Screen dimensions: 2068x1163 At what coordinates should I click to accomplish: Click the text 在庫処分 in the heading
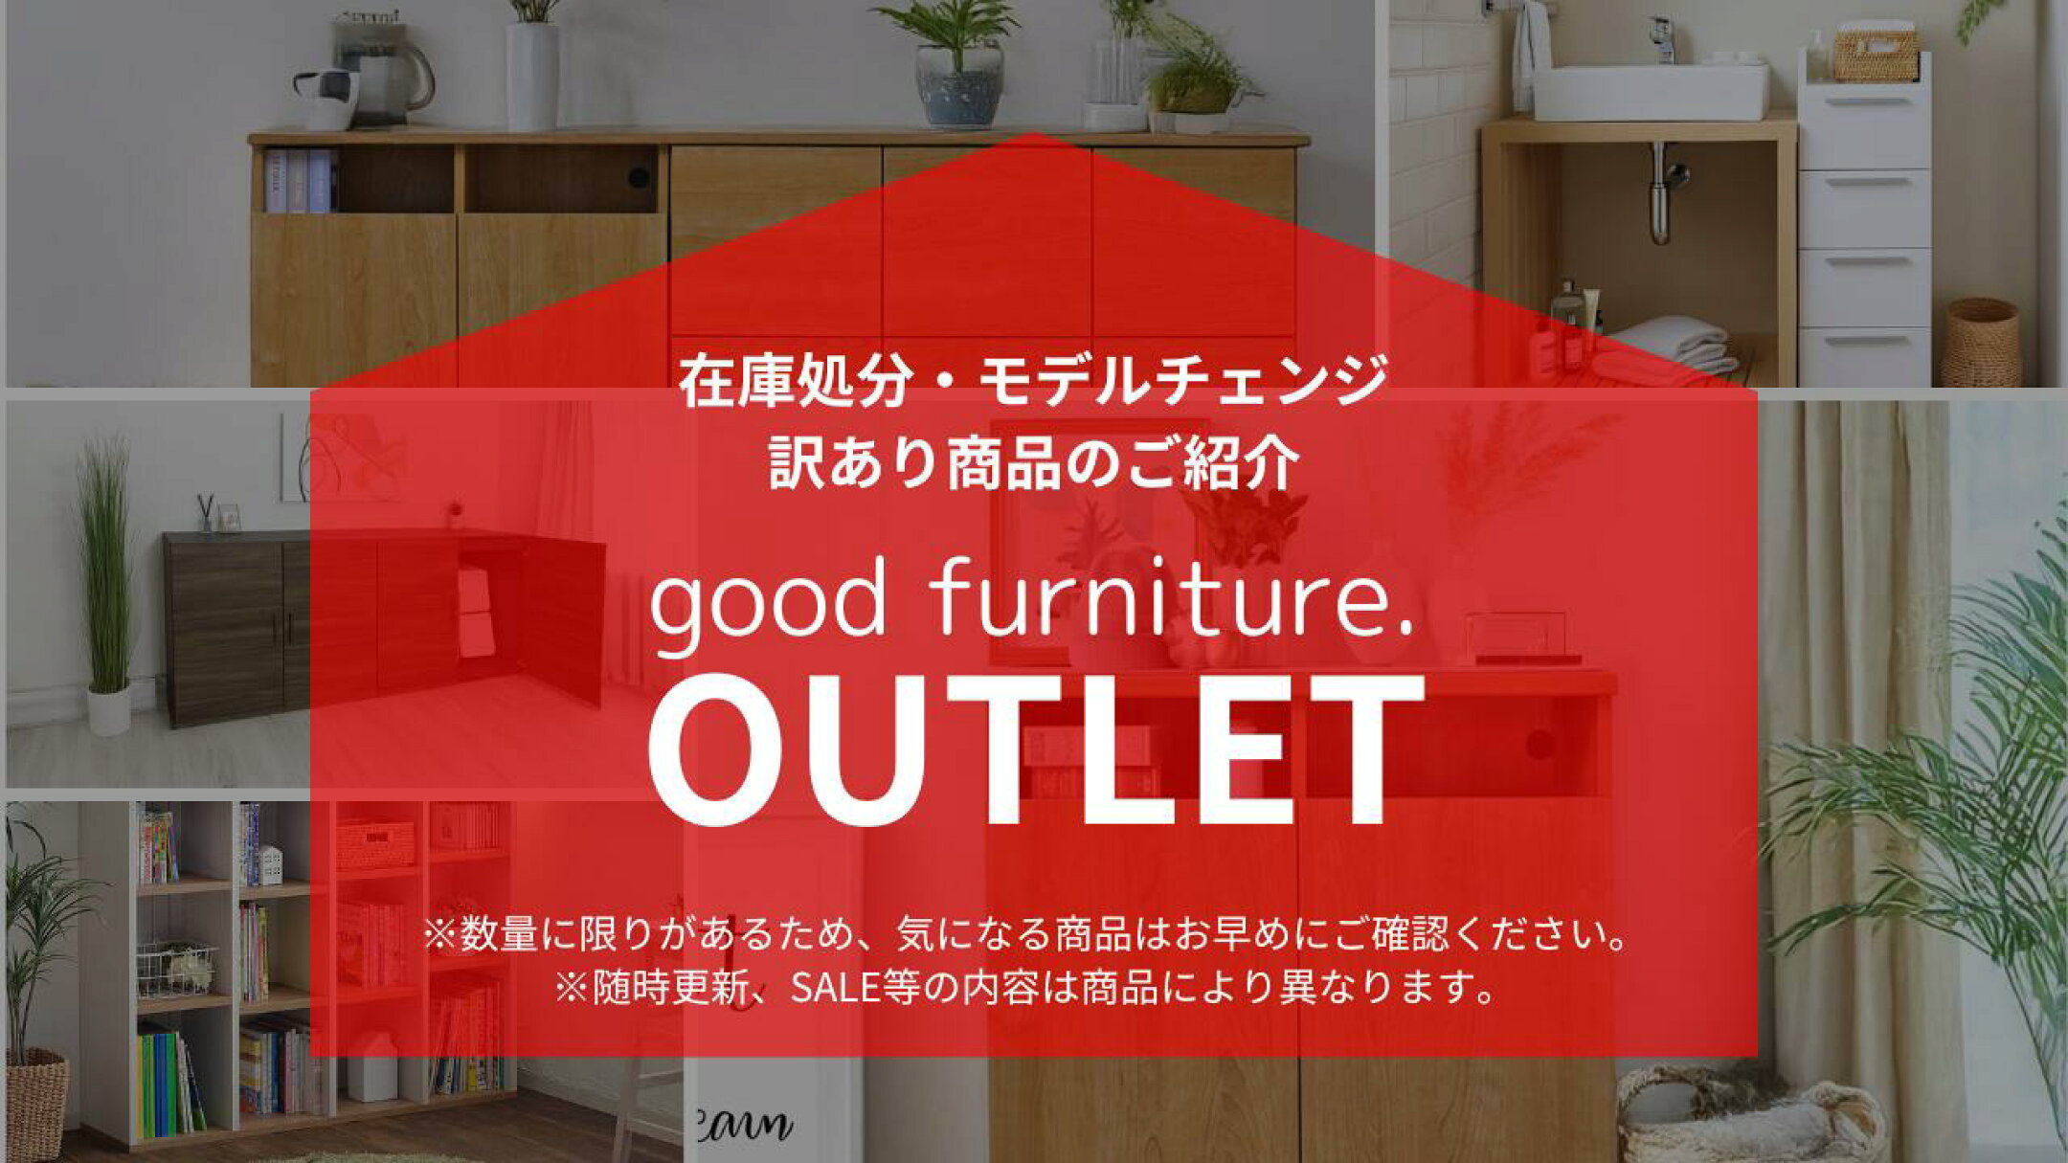pos(794,380)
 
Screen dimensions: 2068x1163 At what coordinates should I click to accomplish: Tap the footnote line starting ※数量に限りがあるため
pos(1026,934)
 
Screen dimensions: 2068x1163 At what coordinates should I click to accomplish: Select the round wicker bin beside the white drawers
pos(1981,342)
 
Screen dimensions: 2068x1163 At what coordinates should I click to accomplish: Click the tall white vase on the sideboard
pos(532,77)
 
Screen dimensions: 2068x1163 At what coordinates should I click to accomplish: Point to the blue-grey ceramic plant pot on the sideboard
pos(958,85)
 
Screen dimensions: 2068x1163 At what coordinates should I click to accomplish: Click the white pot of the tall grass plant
pos(109,710)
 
